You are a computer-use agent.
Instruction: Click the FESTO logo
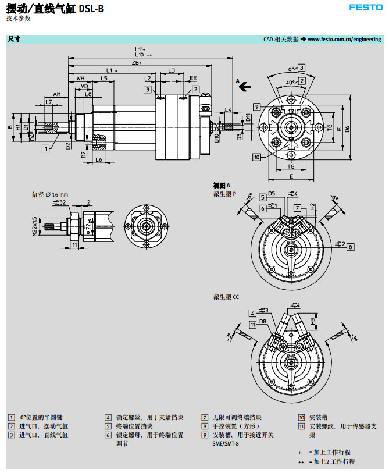pyautogui.click(x=365, y=8)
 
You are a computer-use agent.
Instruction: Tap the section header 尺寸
pyautogui.click(x=14, y=39)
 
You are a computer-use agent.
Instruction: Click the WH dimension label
pyautogui.click(x=80, y=77)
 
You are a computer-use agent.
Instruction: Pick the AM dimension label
pyautogui.click(x=57, y=94)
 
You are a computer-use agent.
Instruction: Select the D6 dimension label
pyautogui.click(x=347, y=129)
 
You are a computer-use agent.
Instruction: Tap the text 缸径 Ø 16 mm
pyautogui.click(x=50, y=194)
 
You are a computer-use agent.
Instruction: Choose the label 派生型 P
pyautogui.click(x=225, y=193)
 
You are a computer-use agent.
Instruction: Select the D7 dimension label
pyautogui.click(x=84, y=155)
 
